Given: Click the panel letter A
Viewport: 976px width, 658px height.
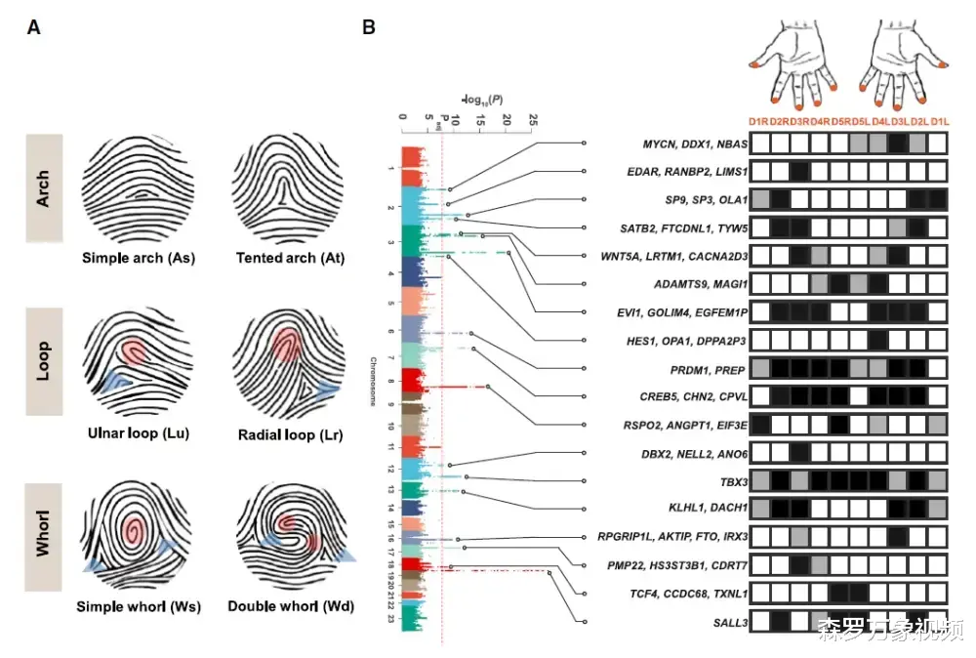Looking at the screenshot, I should [34, 28].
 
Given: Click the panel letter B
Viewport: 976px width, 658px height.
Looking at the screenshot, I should [369, 28].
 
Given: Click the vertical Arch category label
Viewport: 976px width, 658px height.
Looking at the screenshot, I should [44, 187].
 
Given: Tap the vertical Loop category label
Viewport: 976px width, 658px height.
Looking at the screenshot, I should [44, 362].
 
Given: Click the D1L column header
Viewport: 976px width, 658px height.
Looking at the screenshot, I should [938, 120].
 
